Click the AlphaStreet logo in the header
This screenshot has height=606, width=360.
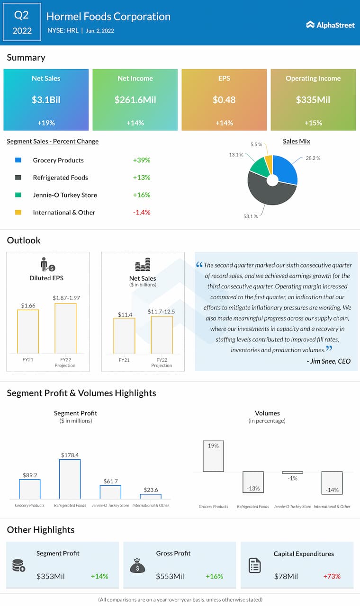[x=330, y=25]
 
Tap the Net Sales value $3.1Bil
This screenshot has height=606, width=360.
[x=46, y=100]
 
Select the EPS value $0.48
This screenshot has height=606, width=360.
[x=224, y=100]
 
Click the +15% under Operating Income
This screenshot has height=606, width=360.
[x=313, y=123]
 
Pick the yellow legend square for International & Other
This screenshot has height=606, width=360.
[x=18, y=213]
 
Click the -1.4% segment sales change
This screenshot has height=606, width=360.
[x=142, y=213]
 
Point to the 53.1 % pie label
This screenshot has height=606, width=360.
[x=250, y=216]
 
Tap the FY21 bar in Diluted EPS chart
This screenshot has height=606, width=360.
[x=28, y=331]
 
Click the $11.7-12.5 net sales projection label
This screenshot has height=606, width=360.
[x=162, y=311]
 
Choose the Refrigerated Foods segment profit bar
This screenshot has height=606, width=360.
[x=70, y=479]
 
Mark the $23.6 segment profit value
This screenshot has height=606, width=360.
[x=151, y=490]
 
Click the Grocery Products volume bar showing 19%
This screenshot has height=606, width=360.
[x=213, y=456]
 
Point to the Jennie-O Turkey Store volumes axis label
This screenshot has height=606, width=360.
[x=293, y=507]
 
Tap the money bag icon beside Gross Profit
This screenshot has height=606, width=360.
[x=137, y=566]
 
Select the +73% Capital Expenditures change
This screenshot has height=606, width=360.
[x=332, y=577]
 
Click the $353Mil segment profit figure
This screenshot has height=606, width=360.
[x=51, y=577]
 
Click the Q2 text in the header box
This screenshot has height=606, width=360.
[x=22, y=15]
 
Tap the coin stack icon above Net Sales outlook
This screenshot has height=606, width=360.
[x=143, y=265]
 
